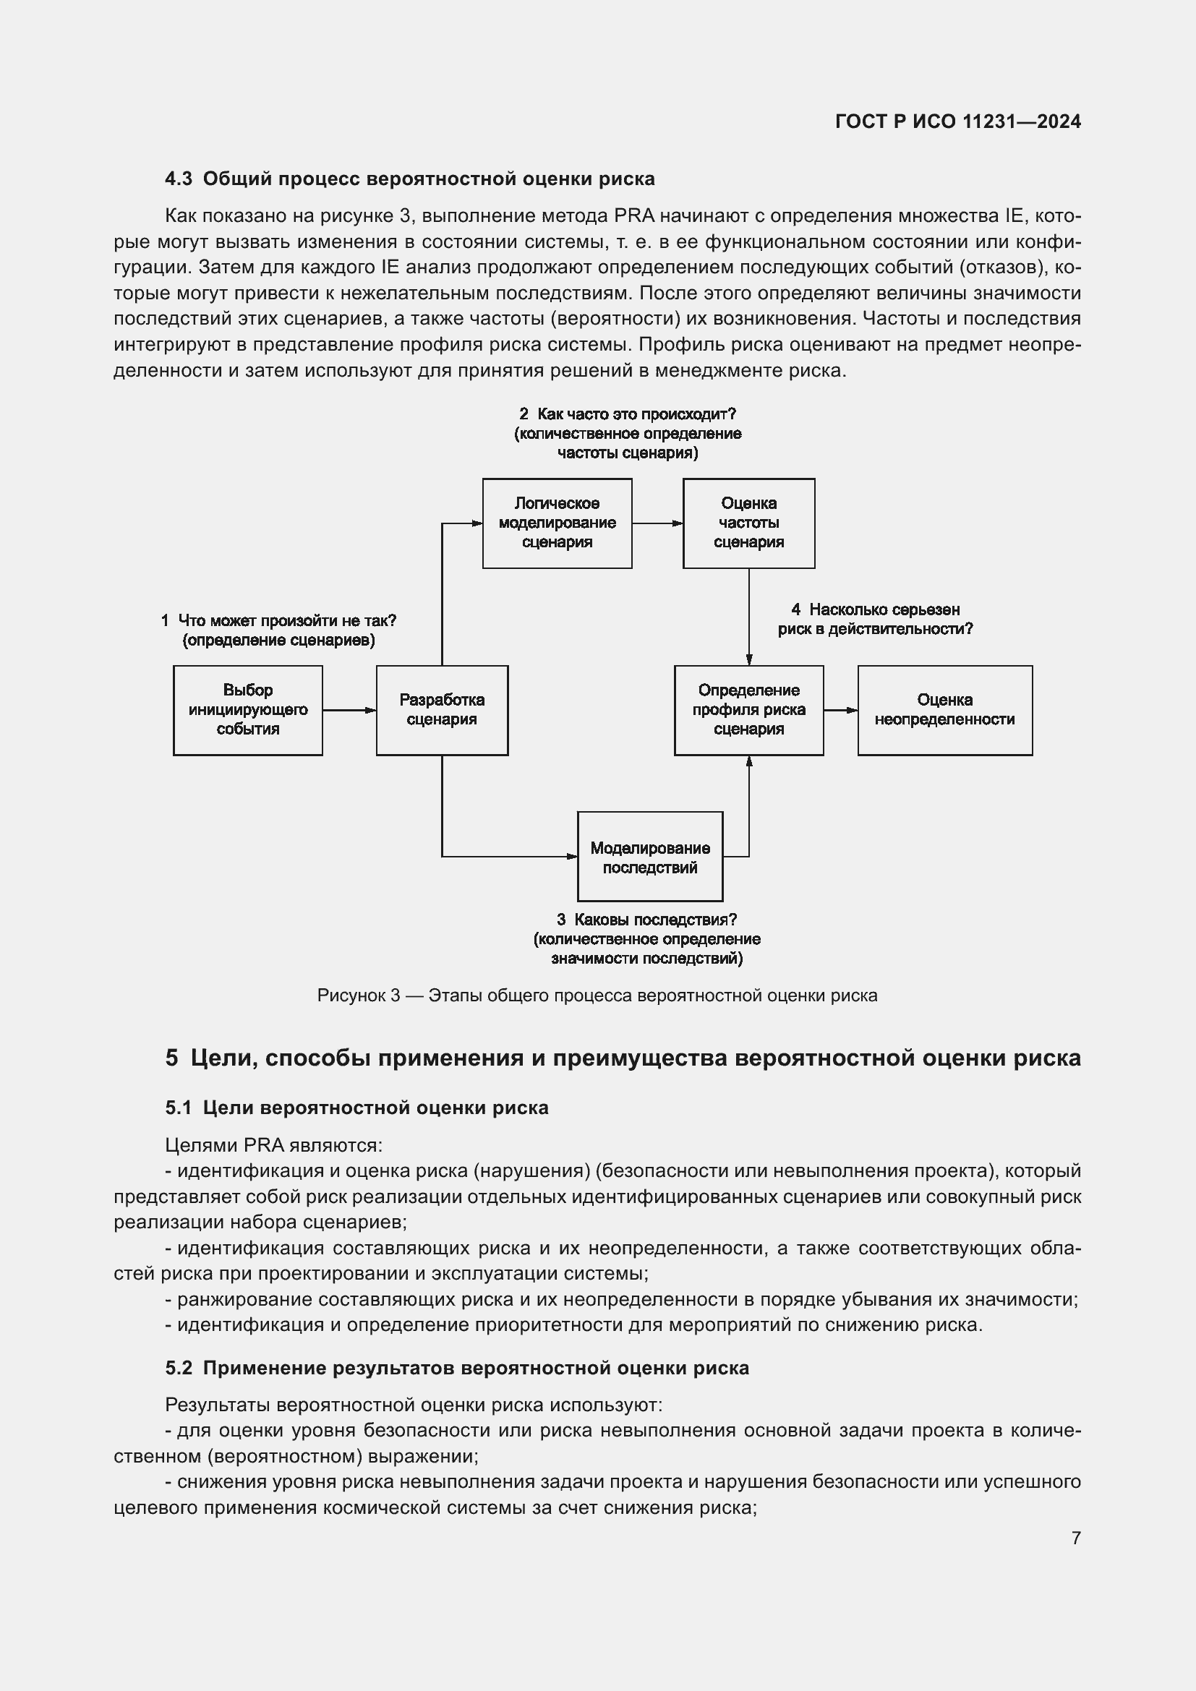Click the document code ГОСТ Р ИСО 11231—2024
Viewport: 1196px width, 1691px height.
[x=958, y=122]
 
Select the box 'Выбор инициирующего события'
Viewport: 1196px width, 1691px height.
[x=247, y=710]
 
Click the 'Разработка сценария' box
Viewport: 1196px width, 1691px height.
[x=442, y=710]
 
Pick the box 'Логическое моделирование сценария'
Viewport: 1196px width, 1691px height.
[x=557, y=523]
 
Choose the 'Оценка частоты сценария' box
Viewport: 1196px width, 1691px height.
[x=748, y=523]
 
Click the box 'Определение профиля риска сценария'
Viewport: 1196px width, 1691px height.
[x=748, y=710]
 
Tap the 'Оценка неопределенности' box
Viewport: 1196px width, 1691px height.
[x=944, y=710]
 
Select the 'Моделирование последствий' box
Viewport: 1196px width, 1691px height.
[x=649, y=857]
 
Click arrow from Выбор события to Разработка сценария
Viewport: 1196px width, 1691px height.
[x=349, y=710]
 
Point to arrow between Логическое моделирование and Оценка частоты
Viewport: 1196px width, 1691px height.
[x=657, y=523]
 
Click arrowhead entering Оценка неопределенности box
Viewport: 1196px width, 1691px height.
[x=852, y=710]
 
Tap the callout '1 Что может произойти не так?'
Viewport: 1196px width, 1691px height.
[x=278, y=621]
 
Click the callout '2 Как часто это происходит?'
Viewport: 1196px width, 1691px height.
[x=628, y=415]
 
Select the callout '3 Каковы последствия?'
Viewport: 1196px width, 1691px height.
[x=646, y=920]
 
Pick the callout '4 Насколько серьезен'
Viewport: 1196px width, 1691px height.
[x=875, y=610]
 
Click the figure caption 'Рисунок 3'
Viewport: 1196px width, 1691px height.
[x=597, y=996]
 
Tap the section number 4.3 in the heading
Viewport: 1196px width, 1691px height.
[x=178, y=179]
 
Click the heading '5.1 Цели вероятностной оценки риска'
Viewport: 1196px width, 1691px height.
[x=356, y=1108]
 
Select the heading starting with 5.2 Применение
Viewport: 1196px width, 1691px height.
[x=456, y=1368]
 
